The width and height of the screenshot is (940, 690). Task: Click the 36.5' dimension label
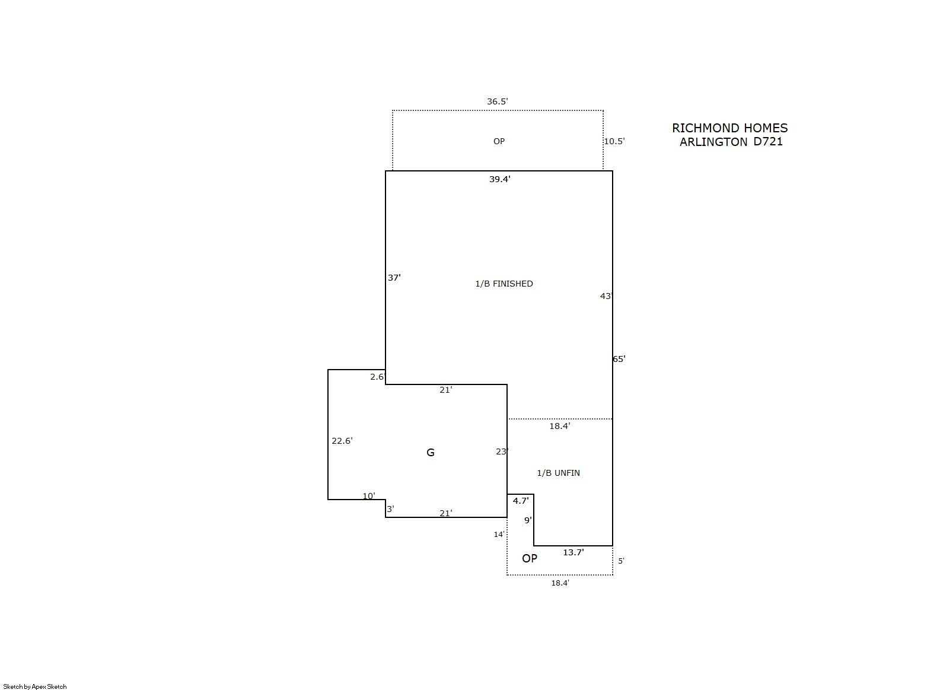tap(497, 101)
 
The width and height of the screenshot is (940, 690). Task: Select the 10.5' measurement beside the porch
tap(614, 141)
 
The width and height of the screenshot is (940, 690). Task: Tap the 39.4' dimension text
tap(500, 179)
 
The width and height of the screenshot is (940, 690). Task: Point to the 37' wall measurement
tap(394, 278)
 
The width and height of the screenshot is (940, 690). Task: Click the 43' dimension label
tap(606, 296)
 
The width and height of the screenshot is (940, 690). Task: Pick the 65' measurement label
tap(619, 359)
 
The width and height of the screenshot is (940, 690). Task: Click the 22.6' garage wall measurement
tap(342, 441)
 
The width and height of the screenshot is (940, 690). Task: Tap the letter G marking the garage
tap(430, 453)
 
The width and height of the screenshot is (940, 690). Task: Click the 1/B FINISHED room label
tap(504, 284)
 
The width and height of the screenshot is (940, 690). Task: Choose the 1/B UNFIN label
tap(559, 473)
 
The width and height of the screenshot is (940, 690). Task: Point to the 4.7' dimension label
tap(521, 501)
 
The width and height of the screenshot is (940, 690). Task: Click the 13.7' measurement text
tap(573, 552)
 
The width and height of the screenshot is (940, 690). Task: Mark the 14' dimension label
tap(499, 535)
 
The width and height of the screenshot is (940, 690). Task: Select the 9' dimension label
tap(528, 520)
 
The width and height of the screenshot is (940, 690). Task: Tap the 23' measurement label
tap(502, 451)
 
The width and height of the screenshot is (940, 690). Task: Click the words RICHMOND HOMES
tap(729, 128)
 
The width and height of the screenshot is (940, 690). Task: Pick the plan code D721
tap(768, 142)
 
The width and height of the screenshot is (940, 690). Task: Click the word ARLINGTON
tap(713, 142)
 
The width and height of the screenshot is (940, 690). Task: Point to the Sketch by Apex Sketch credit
tap(35, 686)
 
